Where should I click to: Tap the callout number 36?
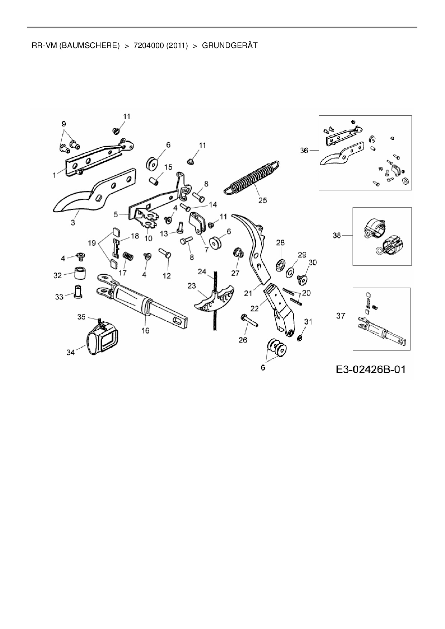click(x=304, y=151)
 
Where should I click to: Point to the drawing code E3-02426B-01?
click(x=371, y=369)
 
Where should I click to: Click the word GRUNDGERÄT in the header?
click(x=230, y=46)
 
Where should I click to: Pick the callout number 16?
click(x=145, y=331)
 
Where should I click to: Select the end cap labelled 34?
click(x=102, y=337)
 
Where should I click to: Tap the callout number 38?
click(x=337, y=236)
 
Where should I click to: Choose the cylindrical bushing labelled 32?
click(x=80, y=274)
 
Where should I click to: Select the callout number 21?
click(x=248, y=293)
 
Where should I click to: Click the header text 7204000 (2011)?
click(x=160, y=46)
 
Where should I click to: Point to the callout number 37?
click(x=341, y=316)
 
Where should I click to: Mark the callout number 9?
click(x=64, y=124)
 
